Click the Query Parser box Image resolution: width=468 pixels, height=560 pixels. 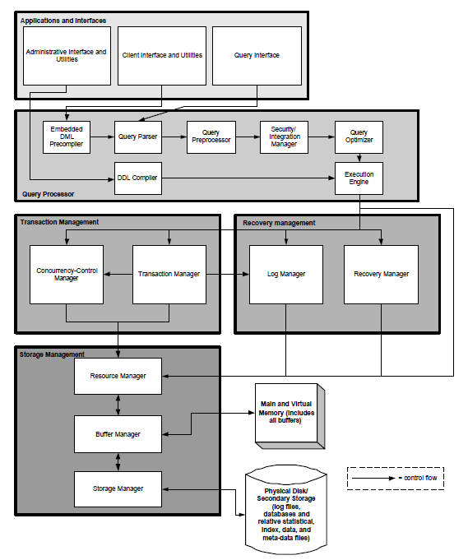tap(137, 137)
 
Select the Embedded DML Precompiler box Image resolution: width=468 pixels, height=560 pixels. tap(67, 137)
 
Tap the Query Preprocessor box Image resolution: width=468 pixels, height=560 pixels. tap(211, 137)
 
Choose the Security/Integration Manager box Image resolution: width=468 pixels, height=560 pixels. tap(284, 137)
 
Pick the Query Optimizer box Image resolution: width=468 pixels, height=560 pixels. tap(359, 137)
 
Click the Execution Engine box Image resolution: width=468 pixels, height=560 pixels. tap(359, 177)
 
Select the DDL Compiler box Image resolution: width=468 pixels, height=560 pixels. tap(137, 177)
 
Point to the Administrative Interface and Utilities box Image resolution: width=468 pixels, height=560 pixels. tap(67, 55)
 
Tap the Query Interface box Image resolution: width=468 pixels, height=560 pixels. tap(257, 55)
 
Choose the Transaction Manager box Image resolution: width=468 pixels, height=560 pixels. tap(169, 273)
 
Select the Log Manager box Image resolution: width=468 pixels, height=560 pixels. tap(285, 273)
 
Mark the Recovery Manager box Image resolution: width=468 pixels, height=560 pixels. tap(381, 273)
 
